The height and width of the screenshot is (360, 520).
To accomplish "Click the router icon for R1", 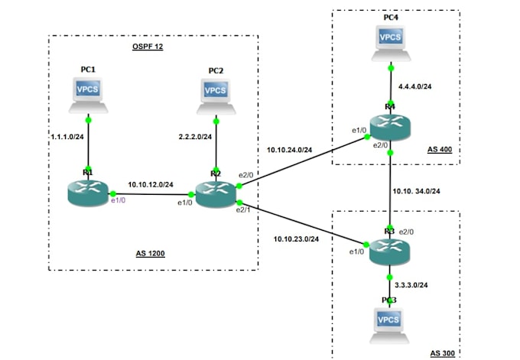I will [x=88, y=192].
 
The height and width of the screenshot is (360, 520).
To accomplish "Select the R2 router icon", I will [x=216, y=194].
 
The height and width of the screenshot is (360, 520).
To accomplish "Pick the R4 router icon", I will [x=390, y=126].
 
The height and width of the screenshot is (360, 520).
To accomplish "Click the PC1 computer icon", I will [x=88, y=94].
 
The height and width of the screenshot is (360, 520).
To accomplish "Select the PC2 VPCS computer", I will [x=216, y=94].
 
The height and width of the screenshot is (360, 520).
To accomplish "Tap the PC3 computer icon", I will [x=390, y=322].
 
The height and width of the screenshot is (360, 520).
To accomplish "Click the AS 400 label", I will [x=440, y=151].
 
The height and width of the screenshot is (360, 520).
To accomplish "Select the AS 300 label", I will [x=443, y=352].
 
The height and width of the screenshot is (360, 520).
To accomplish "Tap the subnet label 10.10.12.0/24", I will [x=151, y=184].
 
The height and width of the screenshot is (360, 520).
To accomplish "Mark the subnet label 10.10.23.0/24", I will [x=296, y=239].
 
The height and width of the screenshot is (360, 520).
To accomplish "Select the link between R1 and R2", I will [x=153, y=194].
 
